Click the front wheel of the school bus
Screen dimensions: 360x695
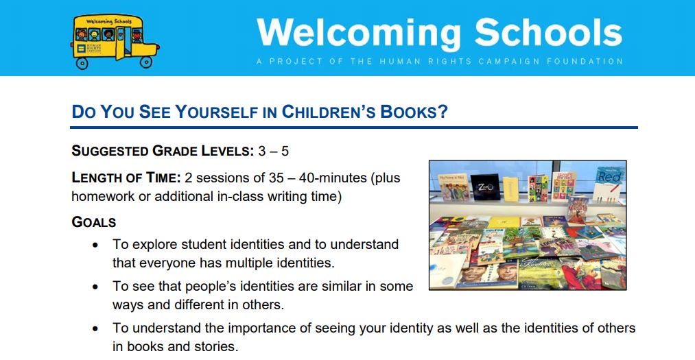146,62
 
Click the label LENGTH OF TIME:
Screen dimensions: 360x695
126,178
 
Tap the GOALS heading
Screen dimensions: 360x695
94,222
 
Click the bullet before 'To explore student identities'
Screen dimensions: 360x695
96,245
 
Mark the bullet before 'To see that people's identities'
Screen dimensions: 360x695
96,287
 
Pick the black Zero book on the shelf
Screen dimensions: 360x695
486,187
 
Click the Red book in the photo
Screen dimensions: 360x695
609,180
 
